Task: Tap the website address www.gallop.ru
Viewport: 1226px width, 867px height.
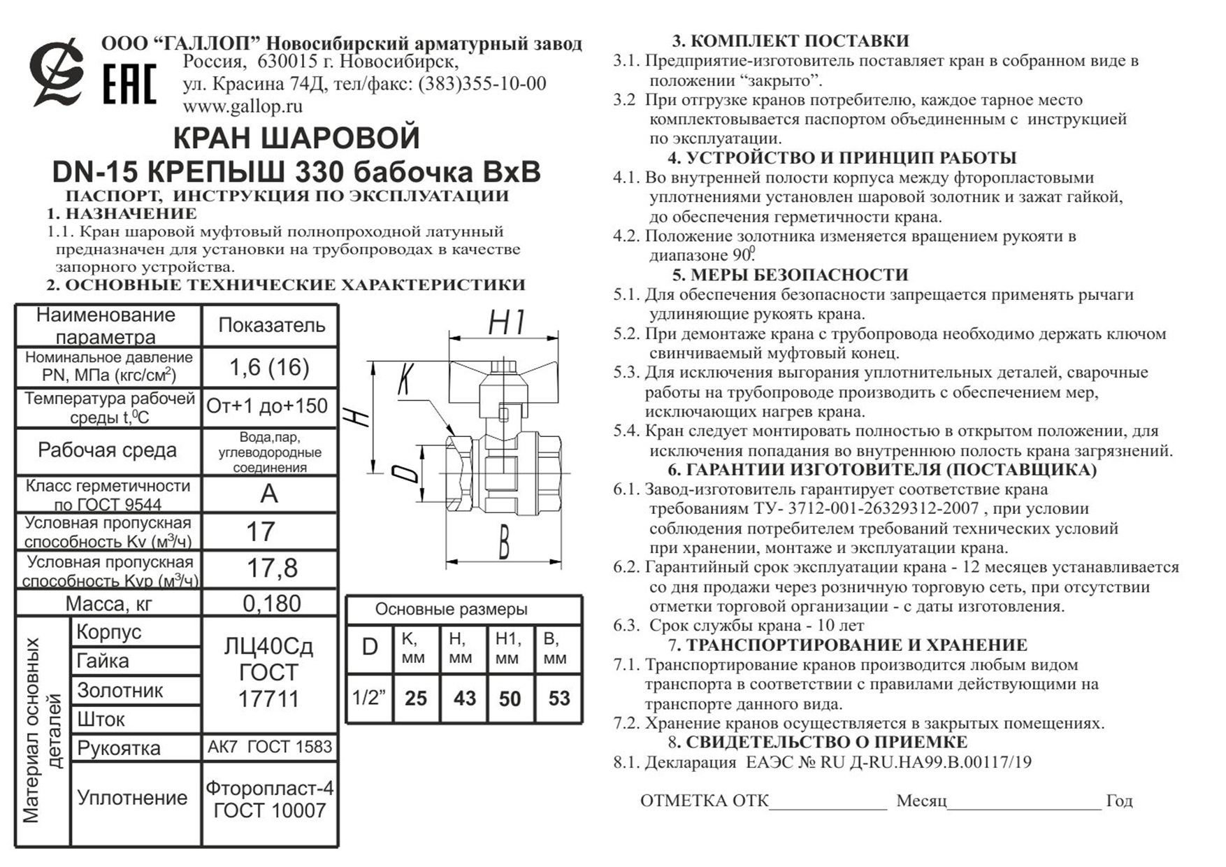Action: click(243, 106)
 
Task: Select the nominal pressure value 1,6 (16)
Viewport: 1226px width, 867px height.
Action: click(269, 367)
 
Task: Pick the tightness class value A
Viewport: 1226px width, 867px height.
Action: click(269, 494)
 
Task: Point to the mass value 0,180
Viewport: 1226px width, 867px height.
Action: click(271, 603)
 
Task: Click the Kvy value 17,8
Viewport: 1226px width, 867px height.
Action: click(271, 568)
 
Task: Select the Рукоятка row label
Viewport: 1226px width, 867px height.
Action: click(119, 747)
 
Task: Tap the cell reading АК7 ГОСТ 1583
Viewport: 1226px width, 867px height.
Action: click(269, 747)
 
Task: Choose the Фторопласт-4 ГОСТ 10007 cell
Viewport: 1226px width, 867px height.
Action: click(269, 799)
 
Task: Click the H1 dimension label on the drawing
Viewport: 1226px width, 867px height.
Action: click(506, 323)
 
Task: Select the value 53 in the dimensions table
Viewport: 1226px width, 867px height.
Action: click(558, 698)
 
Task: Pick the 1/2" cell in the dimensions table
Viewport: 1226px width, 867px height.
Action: click(369, 698)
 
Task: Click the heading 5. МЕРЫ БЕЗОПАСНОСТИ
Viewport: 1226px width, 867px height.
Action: click(790, 275)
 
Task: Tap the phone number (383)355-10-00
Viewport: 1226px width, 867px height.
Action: click(482, 84)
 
